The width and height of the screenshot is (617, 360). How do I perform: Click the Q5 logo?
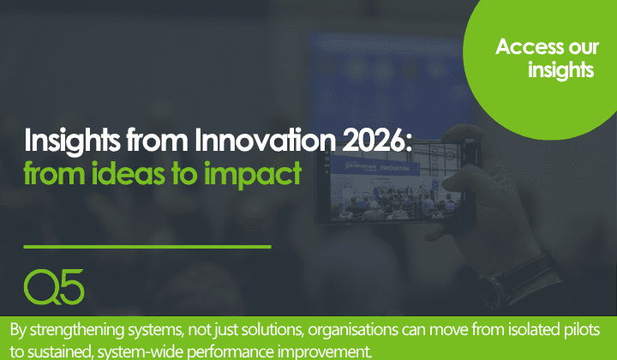54,285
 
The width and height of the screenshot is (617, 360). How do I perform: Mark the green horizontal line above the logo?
147,247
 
